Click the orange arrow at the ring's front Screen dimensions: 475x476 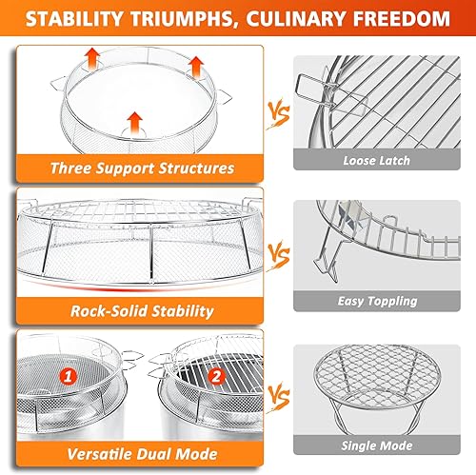[x=134, y=120]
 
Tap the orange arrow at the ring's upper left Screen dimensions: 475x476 [x=93, y=55]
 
